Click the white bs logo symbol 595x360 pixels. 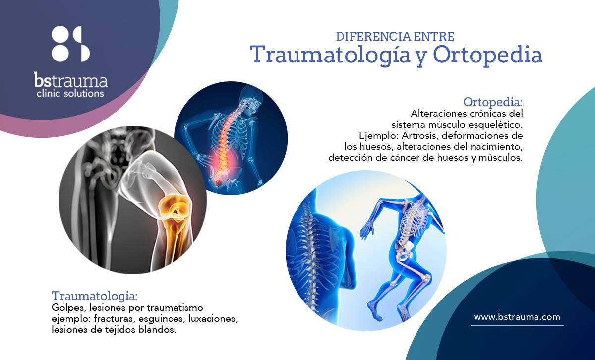pos(70,44)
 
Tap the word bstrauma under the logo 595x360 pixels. pos(70,80)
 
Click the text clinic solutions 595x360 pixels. pos(70,93)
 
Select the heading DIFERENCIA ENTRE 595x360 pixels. pos(395,36)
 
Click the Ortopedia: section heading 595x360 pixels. pos(493,102)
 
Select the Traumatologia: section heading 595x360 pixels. pos(94,296)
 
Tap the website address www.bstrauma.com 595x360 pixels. pos(517,317)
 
